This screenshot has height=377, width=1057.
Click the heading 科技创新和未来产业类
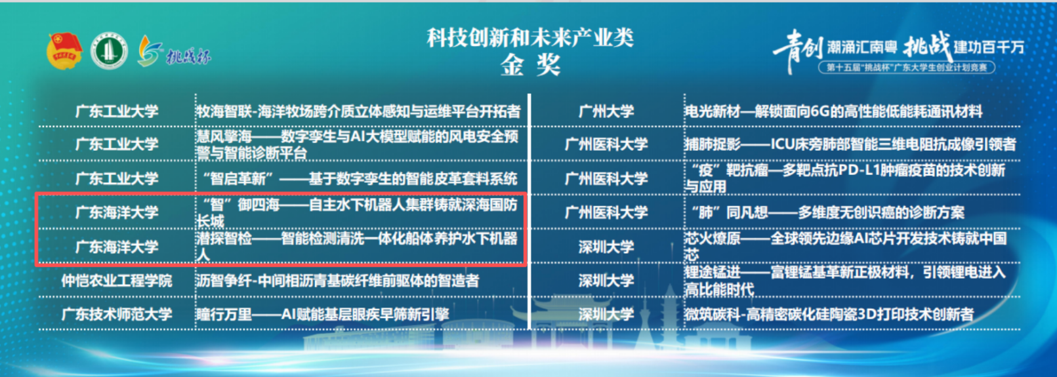(x=530, y=38)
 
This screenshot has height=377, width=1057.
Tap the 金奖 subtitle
(x=530, y=65)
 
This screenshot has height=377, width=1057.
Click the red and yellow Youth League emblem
(x=65, y=51)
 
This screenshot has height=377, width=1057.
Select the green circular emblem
(x=109, y=51)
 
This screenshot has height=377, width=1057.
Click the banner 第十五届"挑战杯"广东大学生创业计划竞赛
(x=907, y=68)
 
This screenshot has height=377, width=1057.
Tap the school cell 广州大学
(x=606, y=111)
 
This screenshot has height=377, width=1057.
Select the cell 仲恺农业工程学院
(x=117, y=281)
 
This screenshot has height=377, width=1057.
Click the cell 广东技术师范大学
(x=117, y=314)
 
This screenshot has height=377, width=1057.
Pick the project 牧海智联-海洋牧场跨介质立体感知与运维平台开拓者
(x=358, y=111)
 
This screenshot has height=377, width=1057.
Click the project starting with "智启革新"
(x=360, y=179)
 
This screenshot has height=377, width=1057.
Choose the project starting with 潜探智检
(x=357, y=247)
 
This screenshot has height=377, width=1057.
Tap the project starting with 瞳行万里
(x=322, y=314)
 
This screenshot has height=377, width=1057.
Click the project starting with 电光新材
(x=834, y=111)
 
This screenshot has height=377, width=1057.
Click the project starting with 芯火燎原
(x=846, y=247)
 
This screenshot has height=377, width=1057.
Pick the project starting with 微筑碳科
(x=829, y=314)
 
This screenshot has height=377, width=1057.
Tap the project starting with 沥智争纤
(x=337, y=281)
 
